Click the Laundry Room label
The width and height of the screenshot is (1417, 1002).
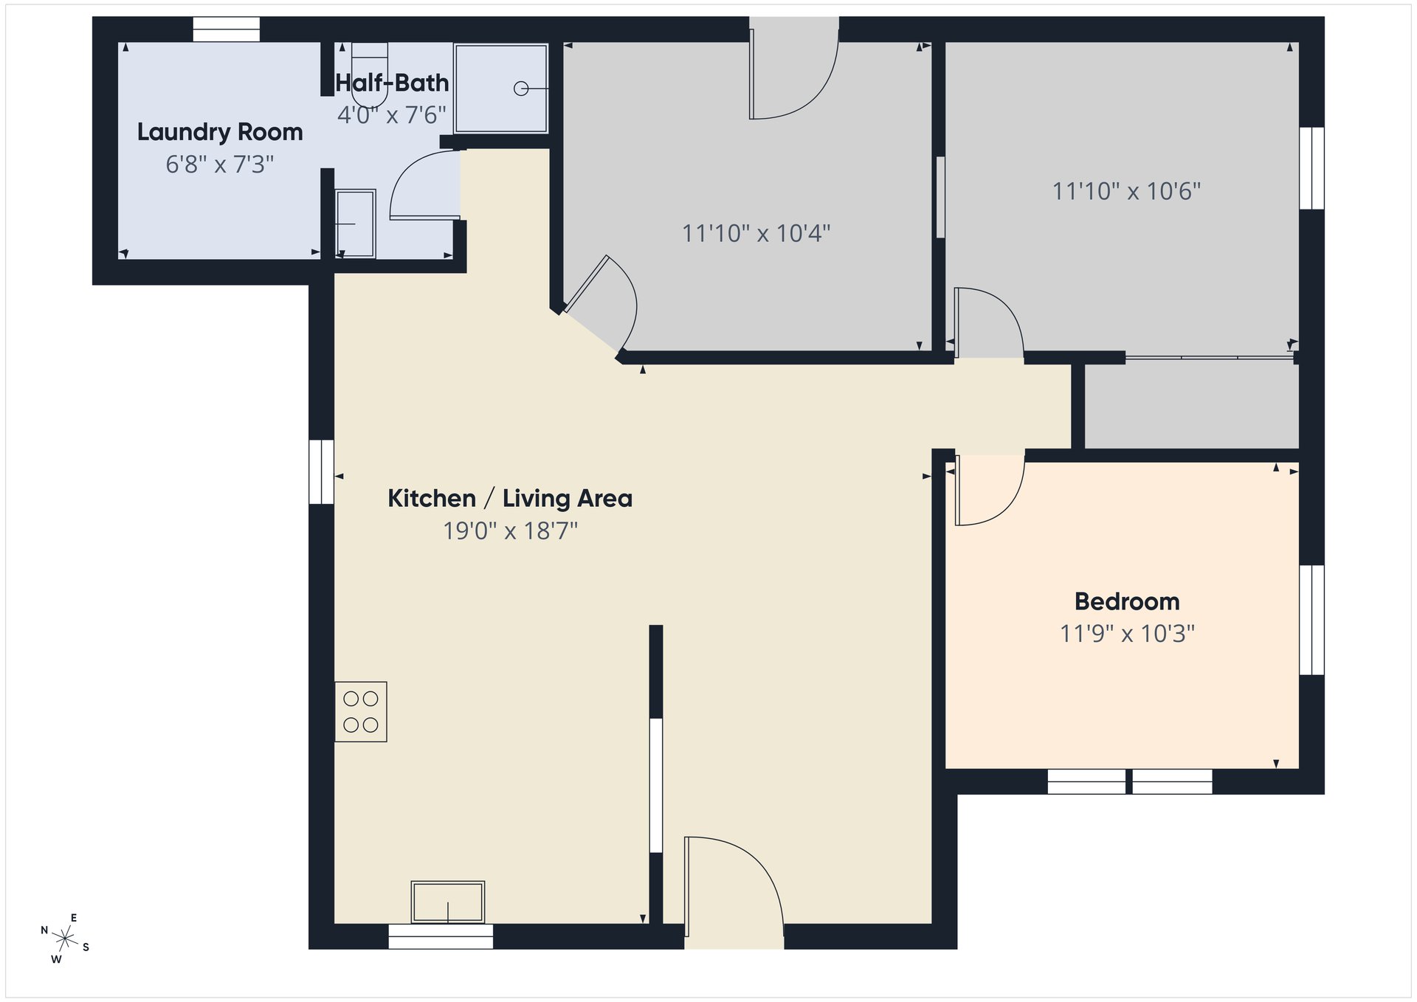220,132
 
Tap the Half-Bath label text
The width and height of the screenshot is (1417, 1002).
392,83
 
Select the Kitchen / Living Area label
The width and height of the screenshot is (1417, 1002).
510,499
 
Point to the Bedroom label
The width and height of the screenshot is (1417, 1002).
1127,601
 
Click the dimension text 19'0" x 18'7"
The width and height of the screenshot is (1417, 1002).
510,531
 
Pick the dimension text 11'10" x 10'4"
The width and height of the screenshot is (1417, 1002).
756,233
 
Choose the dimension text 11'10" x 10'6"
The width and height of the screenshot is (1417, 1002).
1126,191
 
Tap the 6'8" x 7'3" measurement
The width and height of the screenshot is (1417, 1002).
220,164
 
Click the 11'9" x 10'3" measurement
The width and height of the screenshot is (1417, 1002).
1127,633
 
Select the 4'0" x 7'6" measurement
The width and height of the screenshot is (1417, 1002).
392,115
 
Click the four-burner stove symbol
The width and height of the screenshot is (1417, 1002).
361,711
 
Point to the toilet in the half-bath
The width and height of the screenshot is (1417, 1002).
370,75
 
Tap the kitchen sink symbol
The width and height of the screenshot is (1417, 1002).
448,902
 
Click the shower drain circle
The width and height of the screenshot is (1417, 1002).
521,89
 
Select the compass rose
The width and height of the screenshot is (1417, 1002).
65,939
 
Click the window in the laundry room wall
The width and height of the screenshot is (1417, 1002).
227,30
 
